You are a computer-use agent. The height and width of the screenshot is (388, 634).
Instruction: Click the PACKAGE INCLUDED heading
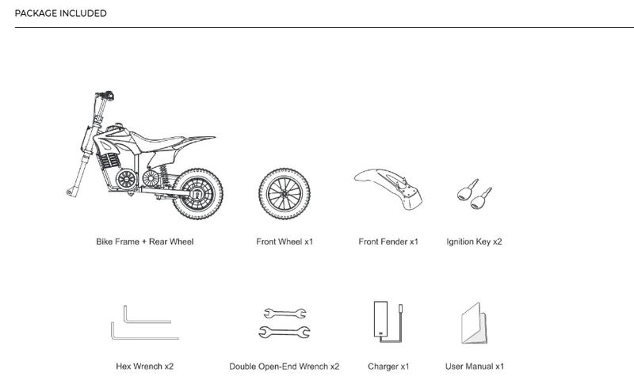click(x=61, y=13)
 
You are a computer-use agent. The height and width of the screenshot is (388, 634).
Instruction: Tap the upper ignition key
click(x=468, y=190)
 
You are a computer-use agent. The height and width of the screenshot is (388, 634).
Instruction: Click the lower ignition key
click(x=481, y=198)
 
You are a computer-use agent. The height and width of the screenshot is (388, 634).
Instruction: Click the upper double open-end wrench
click(x=285, y=314)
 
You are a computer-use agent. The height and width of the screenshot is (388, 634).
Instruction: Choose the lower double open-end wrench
click(x=285, y=333)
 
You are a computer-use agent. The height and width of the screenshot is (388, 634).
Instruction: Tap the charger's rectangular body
click(x=380, y=319)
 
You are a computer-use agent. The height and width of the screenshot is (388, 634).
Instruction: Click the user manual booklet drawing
click(x=474, y=323)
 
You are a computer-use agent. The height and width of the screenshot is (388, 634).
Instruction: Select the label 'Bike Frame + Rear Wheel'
click(x=145, y=242)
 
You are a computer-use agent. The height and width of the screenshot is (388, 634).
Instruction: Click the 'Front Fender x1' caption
click(x=388, y=242)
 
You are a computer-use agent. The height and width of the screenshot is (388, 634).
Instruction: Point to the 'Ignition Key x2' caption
click(x=474, y=242)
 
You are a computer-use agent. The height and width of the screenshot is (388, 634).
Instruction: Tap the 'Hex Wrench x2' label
click(x=145, y=367)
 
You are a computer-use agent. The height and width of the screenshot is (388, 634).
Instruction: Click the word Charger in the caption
click(x=383, y=367)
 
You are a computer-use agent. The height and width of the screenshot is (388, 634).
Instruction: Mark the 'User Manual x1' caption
click(x=475, y=367)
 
